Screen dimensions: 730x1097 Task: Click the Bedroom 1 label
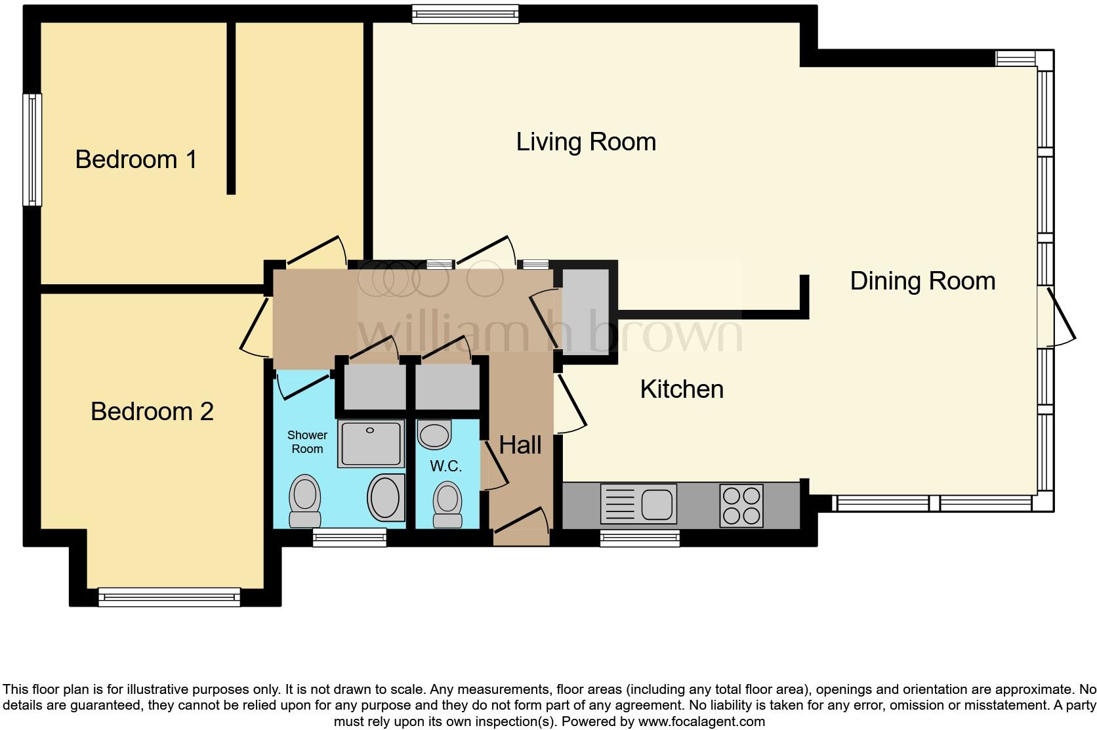136,160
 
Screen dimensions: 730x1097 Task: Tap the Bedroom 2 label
152,412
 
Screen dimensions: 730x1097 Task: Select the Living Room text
586,142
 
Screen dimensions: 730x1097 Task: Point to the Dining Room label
922,281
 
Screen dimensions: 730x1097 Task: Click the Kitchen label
682,389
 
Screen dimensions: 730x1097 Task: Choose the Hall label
520,445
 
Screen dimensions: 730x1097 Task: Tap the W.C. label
446,467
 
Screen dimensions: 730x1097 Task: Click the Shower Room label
307,442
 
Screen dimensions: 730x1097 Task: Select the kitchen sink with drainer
638,504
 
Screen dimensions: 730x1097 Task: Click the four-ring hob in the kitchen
741,505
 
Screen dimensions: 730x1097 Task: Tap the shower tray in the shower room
371,444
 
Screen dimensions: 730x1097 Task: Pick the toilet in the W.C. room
448,504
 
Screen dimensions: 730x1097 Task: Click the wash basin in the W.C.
434,435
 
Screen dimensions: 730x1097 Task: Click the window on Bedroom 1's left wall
32,150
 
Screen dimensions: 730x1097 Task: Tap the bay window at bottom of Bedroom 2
169,597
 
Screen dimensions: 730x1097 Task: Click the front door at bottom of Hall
521,529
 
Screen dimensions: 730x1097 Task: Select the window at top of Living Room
465,14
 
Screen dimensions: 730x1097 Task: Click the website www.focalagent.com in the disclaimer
701,721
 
